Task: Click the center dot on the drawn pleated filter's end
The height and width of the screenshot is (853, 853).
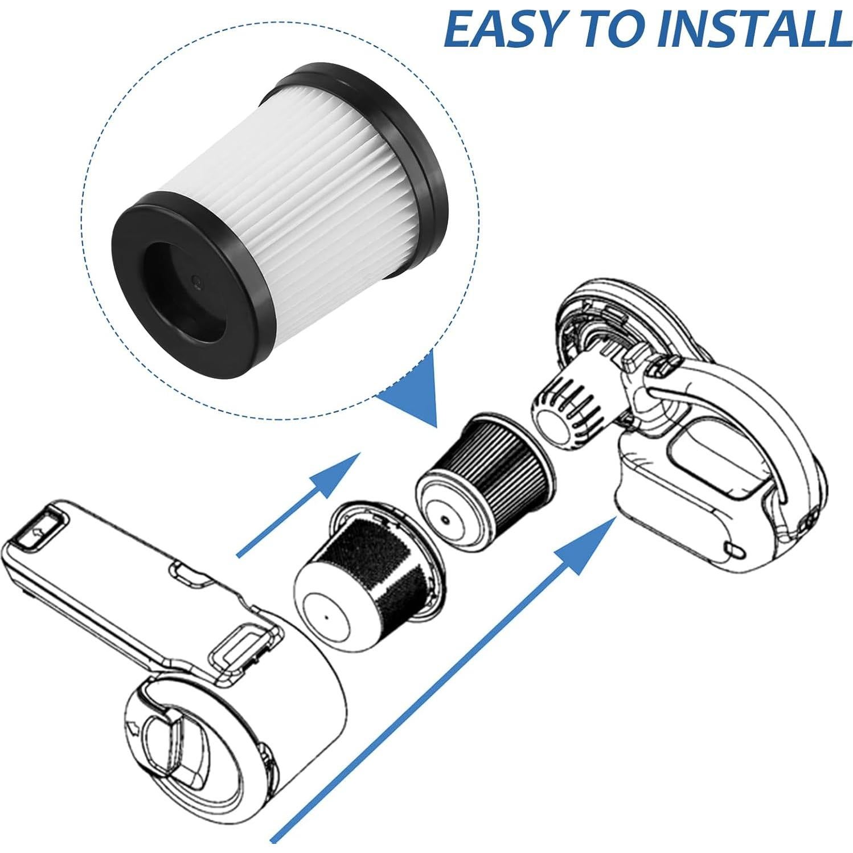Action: point(445,519)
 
